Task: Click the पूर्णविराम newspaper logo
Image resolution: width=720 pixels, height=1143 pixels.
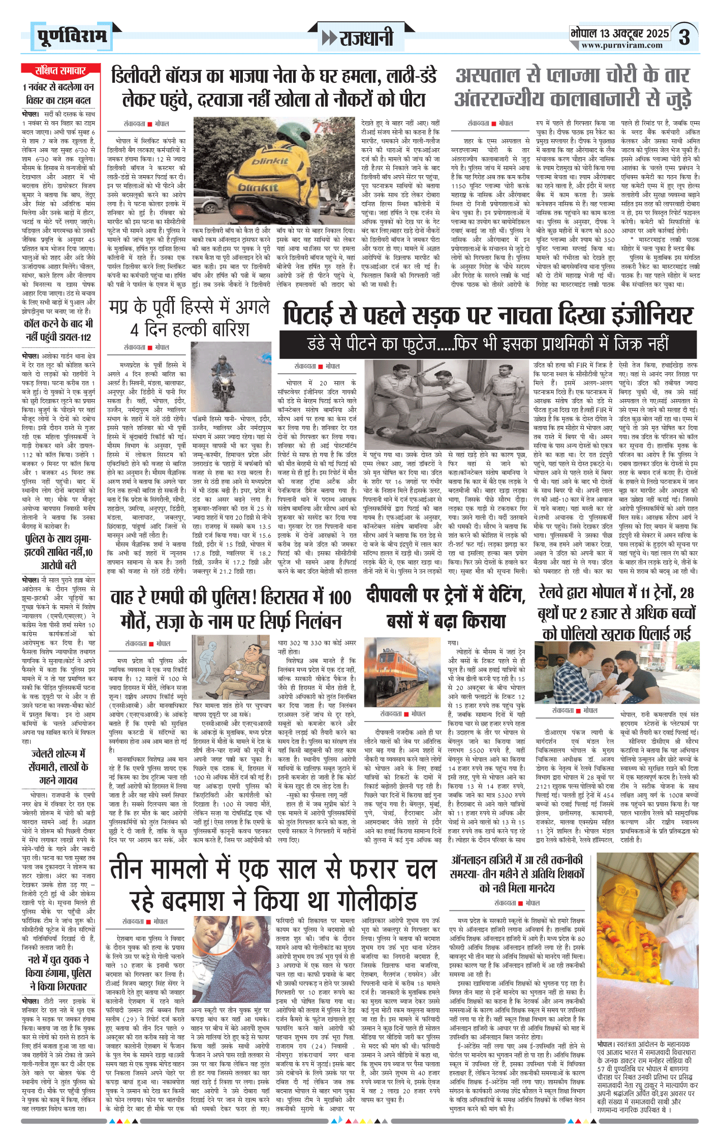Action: pos(71,36)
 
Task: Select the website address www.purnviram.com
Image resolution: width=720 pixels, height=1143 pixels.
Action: pos(622,46)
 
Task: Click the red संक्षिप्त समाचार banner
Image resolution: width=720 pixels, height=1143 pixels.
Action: pos(60,71)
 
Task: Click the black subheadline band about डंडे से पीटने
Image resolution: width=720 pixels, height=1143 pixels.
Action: pos(487,344)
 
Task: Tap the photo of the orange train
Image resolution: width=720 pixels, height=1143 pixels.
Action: pos(402,671)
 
